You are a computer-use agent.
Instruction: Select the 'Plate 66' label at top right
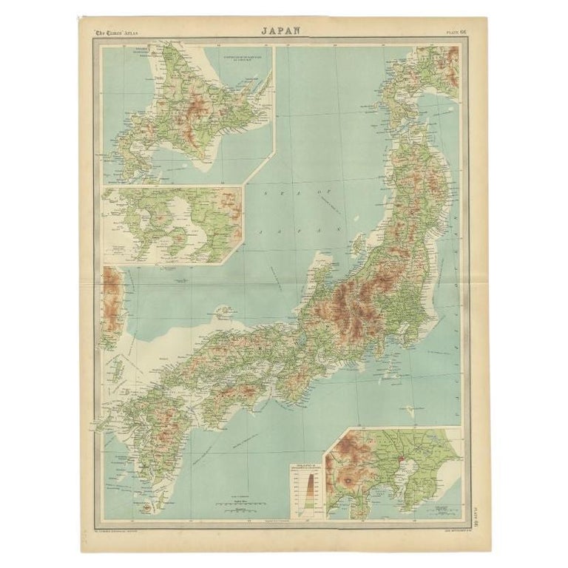[456, 32]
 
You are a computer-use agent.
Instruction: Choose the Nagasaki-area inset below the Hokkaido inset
[172, 225]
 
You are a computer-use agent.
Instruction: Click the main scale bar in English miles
[237, 504]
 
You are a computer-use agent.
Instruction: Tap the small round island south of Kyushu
[145, 507]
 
